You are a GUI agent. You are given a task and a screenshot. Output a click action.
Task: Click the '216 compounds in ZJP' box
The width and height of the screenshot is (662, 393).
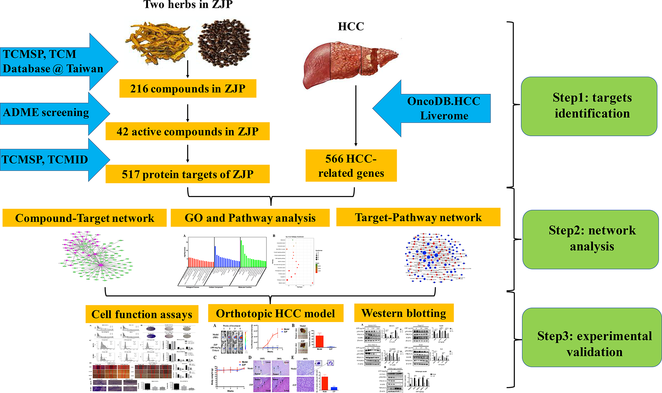188,89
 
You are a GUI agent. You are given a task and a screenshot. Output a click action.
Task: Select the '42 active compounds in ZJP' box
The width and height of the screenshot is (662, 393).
188,131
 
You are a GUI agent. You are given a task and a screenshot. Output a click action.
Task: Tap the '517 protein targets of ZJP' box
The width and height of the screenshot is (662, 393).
188,174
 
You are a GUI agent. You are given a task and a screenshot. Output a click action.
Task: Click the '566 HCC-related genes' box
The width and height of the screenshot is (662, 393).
351,166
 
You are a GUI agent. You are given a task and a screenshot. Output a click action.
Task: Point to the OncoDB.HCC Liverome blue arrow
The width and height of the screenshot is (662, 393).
433,108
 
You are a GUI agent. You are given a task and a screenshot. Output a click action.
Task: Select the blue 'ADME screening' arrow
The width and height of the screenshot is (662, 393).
52,113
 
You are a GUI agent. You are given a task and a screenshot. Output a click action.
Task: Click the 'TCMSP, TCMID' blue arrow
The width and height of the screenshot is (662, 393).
52,160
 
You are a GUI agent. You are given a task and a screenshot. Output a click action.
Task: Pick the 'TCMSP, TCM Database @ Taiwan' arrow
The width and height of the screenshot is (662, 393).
56,62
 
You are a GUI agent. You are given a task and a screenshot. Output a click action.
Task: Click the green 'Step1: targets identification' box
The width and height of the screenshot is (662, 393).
589,106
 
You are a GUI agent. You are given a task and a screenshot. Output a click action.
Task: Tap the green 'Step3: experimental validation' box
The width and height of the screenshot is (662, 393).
592,337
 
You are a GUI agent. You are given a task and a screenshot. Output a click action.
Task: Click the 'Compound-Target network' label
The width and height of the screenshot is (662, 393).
84,218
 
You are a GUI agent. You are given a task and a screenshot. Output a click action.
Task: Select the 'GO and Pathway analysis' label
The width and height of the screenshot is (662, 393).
250,218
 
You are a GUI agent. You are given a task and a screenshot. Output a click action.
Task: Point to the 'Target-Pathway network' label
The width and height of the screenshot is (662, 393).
418,217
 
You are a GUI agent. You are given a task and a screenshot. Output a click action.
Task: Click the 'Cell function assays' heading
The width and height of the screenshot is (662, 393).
142,314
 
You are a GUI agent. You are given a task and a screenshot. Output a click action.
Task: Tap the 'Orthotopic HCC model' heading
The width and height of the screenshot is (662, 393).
276,314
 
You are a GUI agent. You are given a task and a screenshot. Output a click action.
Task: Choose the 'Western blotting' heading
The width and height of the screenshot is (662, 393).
404,313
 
